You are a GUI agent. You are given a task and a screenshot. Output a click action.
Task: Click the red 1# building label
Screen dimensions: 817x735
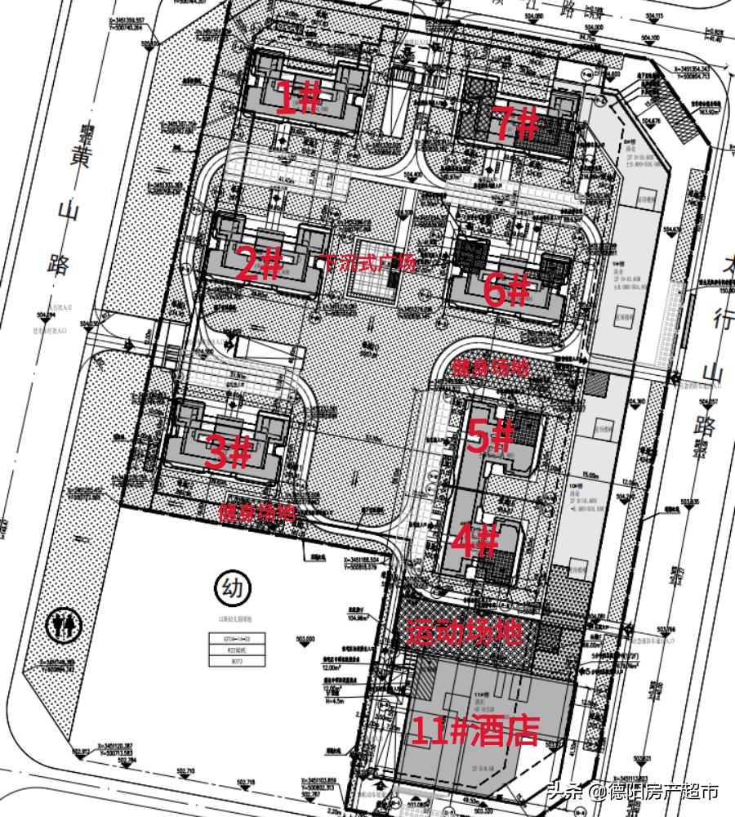point(298,99)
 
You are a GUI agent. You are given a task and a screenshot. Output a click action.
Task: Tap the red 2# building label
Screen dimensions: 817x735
point(259,264)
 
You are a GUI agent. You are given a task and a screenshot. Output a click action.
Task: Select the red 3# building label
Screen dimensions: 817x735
point(227,453)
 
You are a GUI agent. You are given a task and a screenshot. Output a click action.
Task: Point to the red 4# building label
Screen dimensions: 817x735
point(474,540)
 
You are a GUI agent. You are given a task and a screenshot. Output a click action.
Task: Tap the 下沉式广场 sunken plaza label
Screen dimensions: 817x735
point(369,264)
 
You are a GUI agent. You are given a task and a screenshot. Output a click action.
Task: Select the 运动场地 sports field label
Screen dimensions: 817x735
point(464,632)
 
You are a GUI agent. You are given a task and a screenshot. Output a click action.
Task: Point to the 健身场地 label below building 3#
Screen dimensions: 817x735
point(256,514)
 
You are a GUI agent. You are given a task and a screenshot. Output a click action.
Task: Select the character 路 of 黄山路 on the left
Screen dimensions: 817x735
point(58,264)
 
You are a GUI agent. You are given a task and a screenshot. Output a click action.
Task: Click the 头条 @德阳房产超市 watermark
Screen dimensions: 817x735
point(633,791)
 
